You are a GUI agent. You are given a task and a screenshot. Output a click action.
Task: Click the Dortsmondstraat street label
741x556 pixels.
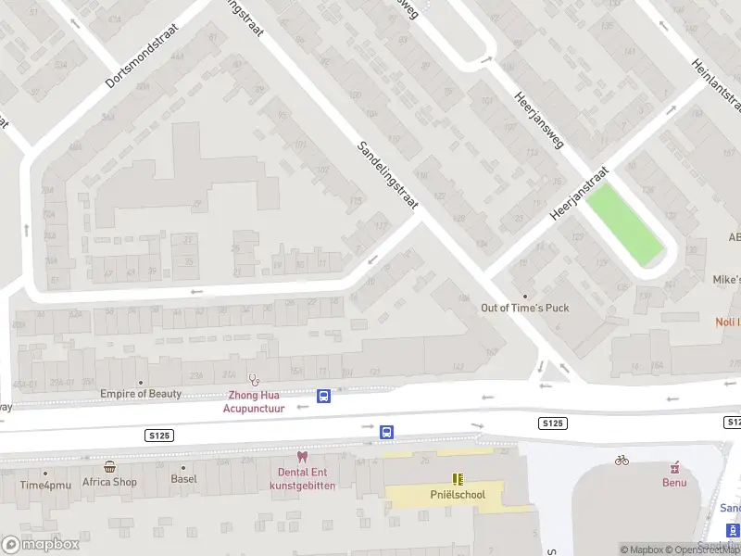click(x=142, y=57)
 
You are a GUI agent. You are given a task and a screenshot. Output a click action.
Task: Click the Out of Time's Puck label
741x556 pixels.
click(x=524, y=308)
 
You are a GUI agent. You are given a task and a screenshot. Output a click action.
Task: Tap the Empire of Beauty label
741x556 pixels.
click(x=141, y=394)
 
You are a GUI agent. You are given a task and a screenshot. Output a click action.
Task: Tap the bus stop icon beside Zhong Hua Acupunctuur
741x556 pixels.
click(x=323, y=396)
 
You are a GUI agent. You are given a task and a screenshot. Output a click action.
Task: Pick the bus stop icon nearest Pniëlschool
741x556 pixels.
click(x=386, y=432)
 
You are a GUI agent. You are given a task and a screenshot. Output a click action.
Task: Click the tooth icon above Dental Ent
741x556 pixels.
click(x=301, y=456)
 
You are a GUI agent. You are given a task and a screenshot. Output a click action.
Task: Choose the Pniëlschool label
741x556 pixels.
click(x=457, y=495)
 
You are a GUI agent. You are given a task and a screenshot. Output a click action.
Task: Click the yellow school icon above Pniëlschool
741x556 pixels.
click(x=457, y=478)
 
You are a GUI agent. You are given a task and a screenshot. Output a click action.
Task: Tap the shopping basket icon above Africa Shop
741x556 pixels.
click(x=110, y=466)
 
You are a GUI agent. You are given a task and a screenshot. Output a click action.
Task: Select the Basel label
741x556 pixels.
click(x=183, y=480)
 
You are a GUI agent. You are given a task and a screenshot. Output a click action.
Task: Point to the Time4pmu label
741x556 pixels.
click(x=44, y=485)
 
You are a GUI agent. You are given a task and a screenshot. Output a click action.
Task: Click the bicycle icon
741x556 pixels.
click(x=622, y=460)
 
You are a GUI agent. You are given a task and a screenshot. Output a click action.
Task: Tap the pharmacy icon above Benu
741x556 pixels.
click(x=674, y=466)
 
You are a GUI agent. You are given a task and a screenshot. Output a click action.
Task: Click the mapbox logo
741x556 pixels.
click(x=40, y=544)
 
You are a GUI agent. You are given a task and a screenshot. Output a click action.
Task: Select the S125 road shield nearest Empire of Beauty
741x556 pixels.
click(x=159, y=435)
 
